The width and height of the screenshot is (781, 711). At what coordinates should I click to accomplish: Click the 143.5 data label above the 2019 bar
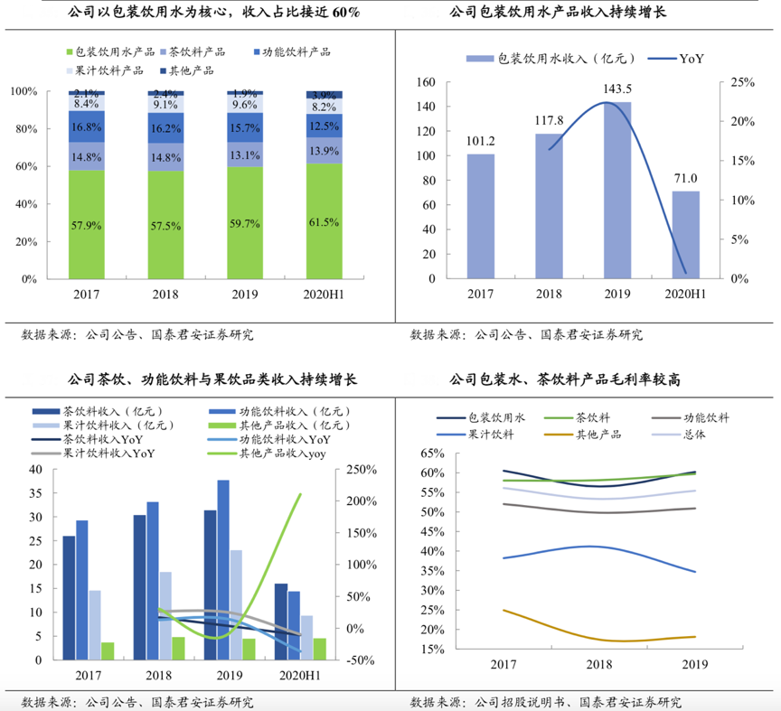[x=617, y=89]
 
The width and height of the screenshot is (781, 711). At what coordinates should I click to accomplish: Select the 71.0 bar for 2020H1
[x=685, y=235]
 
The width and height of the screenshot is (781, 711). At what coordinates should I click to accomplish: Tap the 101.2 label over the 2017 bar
[x=482, y=141]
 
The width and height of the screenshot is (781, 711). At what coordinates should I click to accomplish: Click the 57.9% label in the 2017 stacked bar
[x=86, y=224]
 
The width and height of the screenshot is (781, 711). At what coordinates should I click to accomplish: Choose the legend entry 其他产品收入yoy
[x=281, y=454]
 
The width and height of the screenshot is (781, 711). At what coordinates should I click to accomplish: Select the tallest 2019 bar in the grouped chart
[x=222, y=570]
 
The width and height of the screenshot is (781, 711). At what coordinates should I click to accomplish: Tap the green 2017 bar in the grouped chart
[x=108, y=650]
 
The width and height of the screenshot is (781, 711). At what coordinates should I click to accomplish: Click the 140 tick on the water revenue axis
[x=426, y=107]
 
